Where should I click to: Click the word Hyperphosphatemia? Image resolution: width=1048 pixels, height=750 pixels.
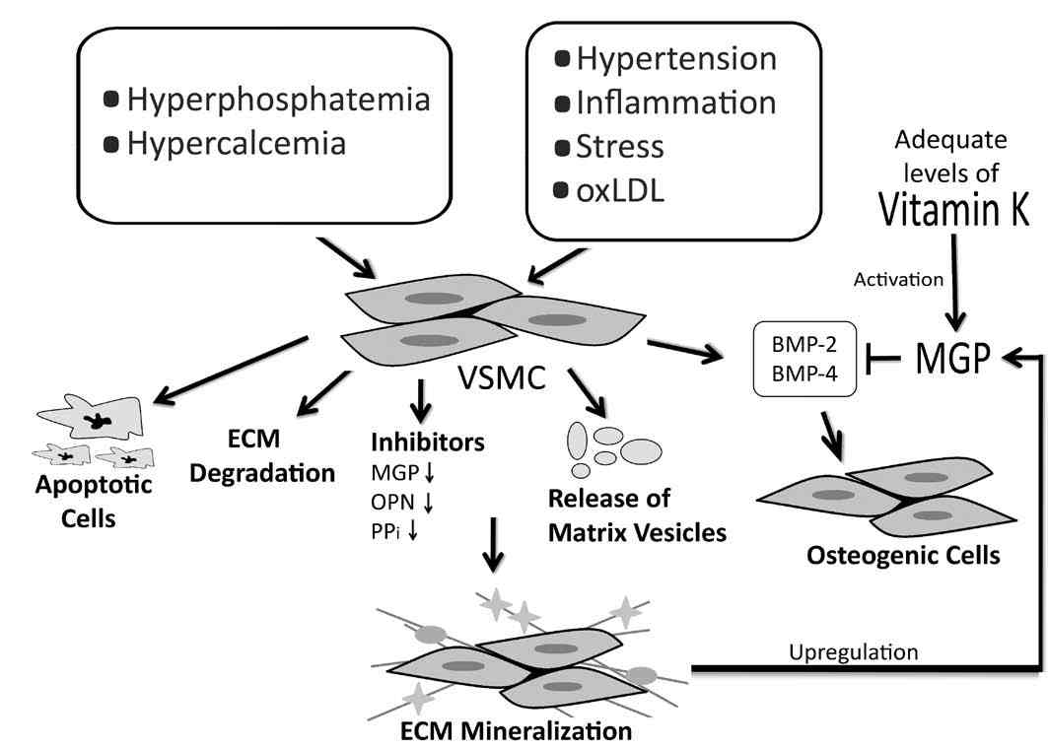279,100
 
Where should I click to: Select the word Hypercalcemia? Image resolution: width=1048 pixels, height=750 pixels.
236,144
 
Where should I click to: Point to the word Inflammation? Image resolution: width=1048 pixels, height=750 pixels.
676,102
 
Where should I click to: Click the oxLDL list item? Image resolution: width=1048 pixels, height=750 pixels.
620,190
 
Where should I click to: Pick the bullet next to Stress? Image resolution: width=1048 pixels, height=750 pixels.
563,147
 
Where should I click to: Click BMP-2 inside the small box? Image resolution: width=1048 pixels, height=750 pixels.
804,344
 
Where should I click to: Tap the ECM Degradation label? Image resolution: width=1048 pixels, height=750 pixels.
277,458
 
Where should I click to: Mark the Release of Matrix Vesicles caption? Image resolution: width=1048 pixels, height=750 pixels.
638,518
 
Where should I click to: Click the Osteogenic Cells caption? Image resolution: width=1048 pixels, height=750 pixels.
903,555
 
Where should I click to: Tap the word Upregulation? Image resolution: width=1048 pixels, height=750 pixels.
855,651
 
